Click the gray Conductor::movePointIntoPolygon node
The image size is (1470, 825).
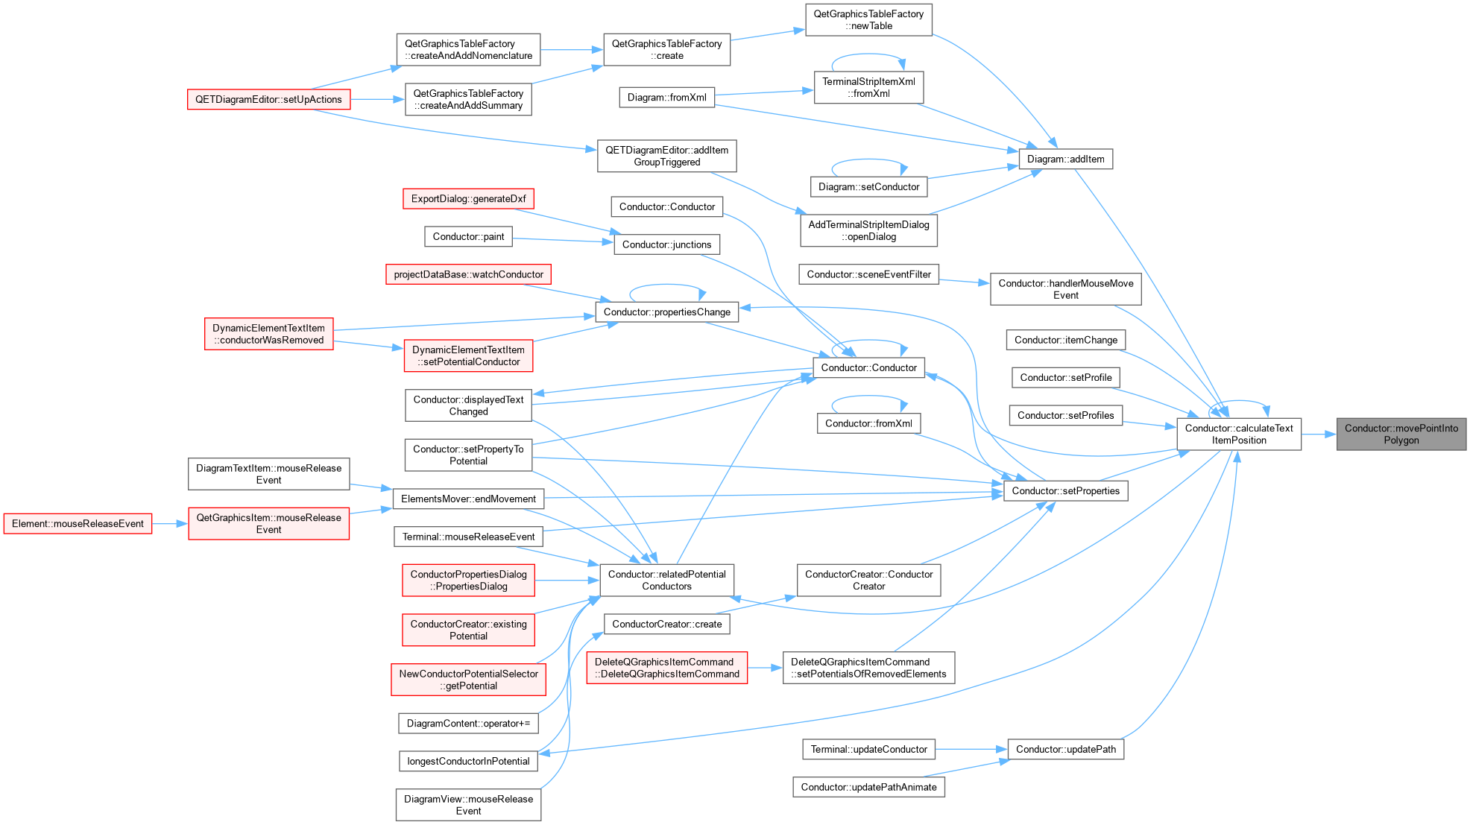[1401, 434]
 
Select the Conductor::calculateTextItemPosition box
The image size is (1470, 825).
[1239, 434]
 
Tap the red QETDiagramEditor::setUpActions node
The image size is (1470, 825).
[268, 99]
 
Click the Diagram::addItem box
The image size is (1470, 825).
[1065, 159]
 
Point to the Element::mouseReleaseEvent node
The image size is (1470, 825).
[78, 524]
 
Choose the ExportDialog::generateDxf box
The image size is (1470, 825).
[468, 199]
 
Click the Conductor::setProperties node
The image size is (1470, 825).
[1065, 490]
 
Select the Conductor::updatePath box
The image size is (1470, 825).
[1065, 749]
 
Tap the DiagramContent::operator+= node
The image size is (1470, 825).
[468, 723]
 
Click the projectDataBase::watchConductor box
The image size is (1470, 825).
[468, 274]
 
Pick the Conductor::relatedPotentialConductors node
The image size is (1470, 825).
[666, 580]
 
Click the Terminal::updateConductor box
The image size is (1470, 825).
[868, 749]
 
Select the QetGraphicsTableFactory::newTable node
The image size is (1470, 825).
[868, 19]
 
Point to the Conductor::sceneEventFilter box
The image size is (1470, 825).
[868, 274]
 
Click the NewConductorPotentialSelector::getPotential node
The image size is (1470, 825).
[468, 680]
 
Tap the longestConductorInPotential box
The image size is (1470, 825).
[468, 761]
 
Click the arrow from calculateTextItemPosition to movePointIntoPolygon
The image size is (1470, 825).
[1319, 434]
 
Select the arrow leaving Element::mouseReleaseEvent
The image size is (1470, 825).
[170, 524]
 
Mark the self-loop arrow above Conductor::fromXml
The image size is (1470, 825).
[868, 396]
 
